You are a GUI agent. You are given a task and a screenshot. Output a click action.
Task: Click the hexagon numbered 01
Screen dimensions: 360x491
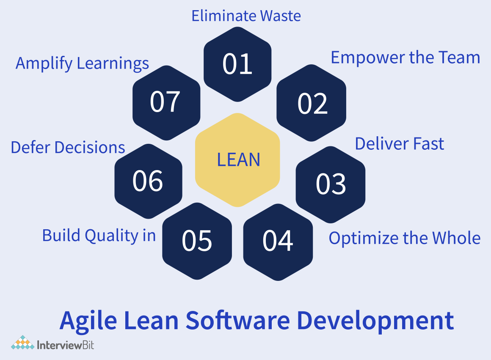point(237,64)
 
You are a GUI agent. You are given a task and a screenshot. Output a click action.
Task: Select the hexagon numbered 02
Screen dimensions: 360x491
point(312,103)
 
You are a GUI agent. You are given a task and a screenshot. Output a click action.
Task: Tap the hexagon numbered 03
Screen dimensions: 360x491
point(331,184)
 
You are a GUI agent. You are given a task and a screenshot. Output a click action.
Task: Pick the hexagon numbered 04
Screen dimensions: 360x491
point(278,241)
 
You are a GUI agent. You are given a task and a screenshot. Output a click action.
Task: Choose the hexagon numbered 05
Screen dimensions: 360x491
point(197,241)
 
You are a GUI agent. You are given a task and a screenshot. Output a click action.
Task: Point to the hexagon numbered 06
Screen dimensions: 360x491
point(148,181)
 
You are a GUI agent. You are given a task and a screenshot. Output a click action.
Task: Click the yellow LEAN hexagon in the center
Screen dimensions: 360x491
point(238,160)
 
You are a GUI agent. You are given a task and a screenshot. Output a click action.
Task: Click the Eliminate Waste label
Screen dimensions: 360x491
point(246,16)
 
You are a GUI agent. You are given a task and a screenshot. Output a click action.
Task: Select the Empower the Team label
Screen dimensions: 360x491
point(405,58)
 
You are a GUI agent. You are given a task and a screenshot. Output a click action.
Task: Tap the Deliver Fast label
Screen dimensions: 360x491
point(399,144)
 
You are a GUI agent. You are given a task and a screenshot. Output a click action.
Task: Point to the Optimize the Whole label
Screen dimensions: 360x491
point(404,238)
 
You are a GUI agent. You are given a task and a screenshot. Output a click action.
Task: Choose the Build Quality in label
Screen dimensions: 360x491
point(99,236)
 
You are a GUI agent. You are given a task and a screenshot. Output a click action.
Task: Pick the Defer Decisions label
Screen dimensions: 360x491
point(68,148)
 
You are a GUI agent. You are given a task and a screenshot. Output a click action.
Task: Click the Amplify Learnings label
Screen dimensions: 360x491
point(82,63)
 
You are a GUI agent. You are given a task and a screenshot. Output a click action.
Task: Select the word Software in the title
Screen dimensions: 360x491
point(237,321)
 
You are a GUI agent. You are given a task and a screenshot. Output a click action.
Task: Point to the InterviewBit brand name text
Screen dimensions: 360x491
point(66,344)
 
